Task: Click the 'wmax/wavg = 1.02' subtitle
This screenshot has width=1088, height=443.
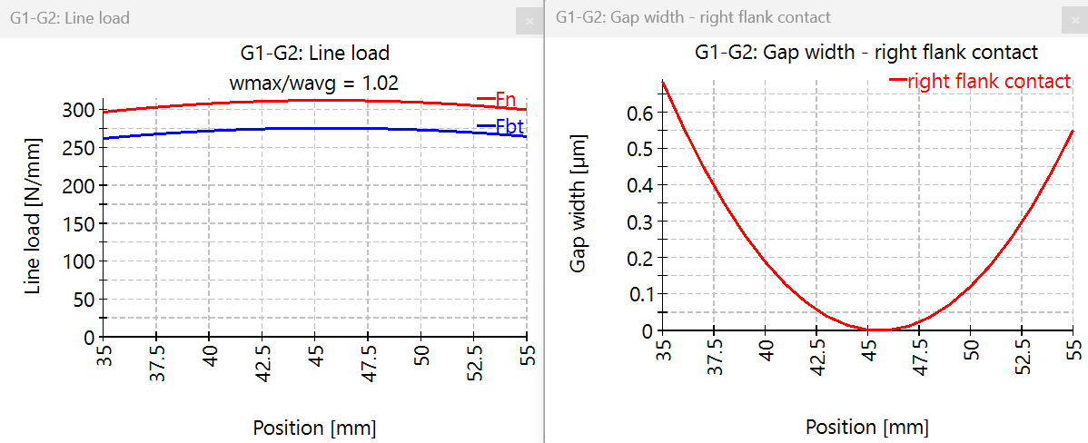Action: pos(313,83)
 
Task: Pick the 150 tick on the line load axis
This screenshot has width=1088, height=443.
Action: pos(81,223)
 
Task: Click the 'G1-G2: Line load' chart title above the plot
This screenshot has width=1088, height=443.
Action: pos(313,53)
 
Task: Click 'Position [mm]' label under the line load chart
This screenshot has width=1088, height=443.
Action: pos(313,428)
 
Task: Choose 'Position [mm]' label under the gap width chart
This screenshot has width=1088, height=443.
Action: pos(867,428)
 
